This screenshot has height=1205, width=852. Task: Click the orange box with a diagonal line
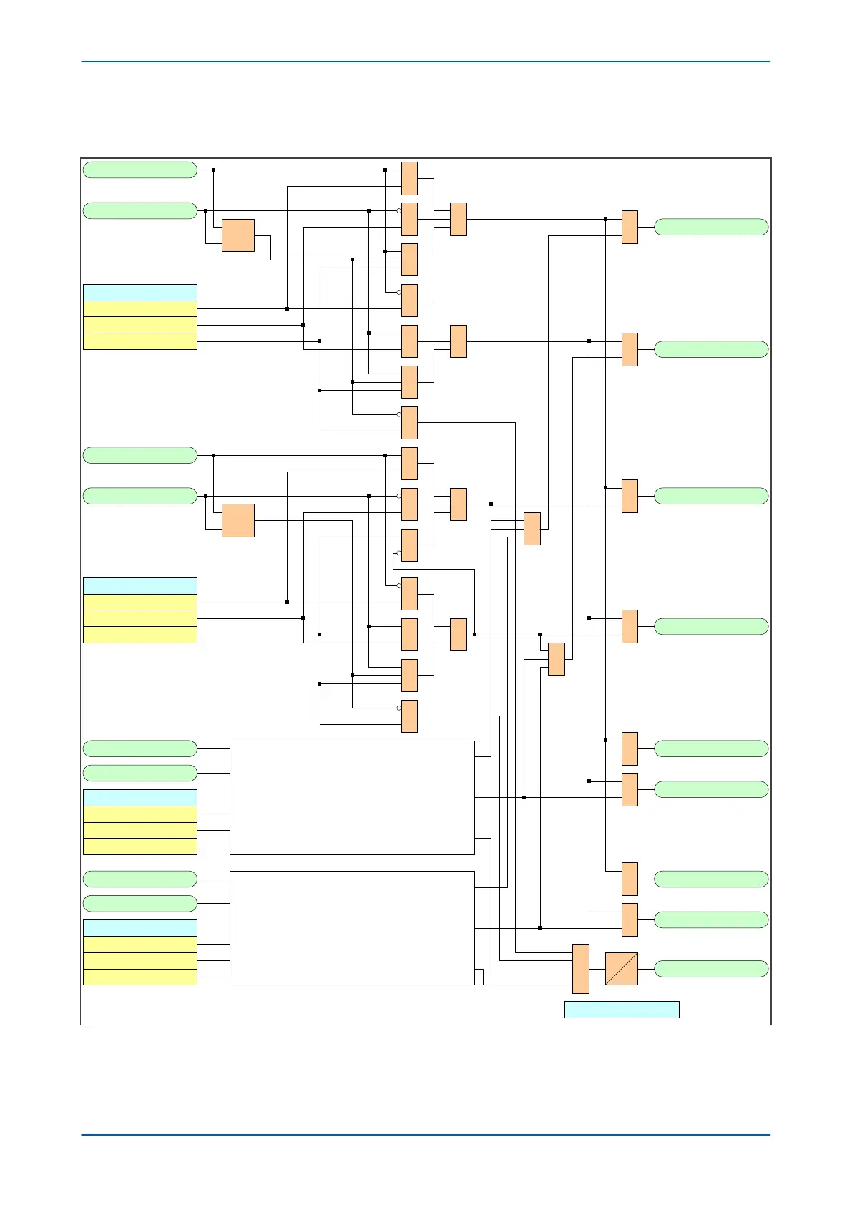621,969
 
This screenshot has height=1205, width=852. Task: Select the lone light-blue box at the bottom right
621,1009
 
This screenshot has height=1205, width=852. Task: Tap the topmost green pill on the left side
139,170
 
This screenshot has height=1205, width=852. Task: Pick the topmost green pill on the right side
710,227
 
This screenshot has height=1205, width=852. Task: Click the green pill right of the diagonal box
710,968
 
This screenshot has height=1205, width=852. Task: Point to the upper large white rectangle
352,797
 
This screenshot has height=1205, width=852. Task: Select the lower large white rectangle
352,927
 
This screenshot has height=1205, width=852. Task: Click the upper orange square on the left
238,235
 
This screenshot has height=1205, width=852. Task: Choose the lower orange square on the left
238,520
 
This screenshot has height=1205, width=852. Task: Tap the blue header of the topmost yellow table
139,292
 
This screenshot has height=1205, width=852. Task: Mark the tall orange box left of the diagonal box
580,968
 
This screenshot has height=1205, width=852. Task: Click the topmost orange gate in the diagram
409,178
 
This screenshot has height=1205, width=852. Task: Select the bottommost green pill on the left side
139,903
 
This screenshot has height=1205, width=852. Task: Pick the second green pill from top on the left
139,210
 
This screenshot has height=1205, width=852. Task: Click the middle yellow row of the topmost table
139,325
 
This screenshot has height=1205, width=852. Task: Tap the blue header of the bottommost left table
139,927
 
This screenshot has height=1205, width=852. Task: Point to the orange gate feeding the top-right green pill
630,227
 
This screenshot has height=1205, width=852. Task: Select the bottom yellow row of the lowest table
139,977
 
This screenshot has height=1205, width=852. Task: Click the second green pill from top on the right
710,349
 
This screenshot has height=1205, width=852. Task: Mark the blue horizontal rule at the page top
426,62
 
